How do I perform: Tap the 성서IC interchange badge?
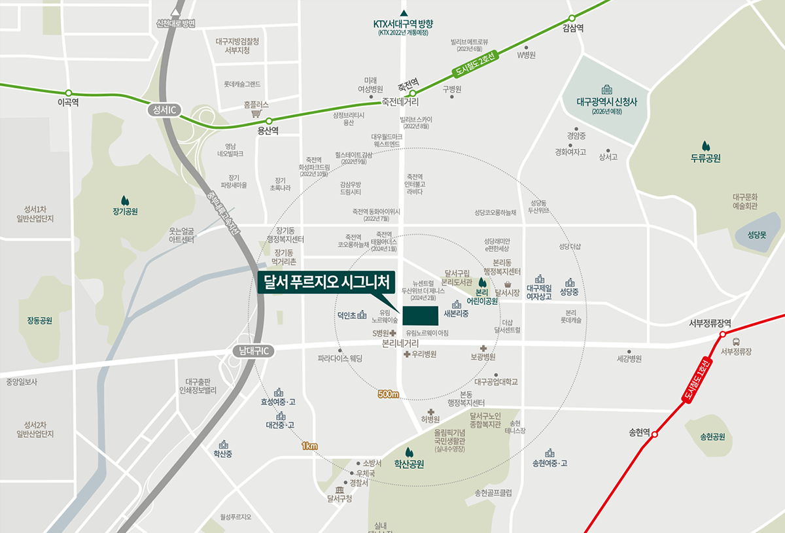(x=161, y=110)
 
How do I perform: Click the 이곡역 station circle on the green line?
(x=69, y=93)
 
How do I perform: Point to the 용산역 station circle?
(x=268, y=120)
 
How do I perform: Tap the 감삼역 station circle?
(x=572, y=18)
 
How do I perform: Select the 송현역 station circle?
(x=655, y=433)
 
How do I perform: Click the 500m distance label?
(x=388, y=394)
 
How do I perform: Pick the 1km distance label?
(x=309, y=446)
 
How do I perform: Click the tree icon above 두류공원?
(x=705, y=145)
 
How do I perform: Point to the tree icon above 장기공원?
(x=125, y=199)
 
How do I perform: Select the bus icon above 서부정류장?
(x=737, y=341)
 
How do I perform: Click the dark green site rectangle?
(x=421, y=315)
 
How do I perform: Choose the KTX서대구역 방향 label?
(x=404, y=24)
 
